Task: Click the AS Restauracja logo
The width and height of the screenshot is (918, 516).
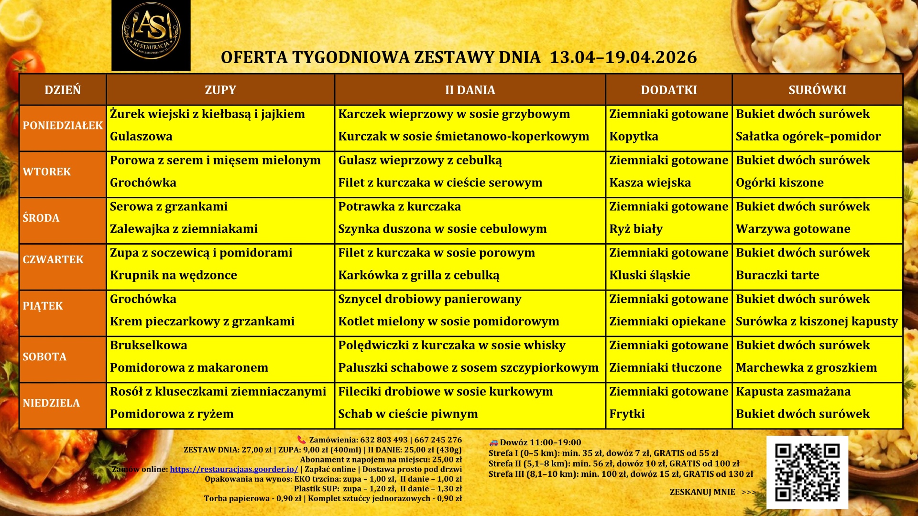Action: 151,35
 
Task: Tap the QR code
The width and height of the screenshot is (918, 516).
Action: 807,472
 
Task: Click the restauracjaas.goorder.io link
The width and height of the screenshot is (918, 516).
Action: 234,469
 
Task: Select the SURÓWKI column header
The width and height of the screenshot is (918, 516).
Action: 817,90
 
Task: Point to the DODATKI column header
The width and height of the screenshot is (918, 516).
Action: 668,90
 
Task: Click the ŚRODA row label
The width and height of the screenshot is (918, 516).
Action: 41,218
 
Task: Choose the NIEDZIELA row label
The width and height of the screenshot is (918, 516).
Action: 51,403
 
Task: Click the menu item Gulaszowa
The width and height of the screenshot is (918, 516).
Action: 141,137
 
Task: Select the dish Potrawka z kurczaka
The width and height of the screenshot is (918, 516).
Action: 399,206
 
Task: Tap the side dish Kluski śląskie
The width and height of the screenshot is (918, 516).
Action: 649,275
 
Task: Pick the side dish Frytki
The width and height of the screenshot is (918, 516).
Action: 627,414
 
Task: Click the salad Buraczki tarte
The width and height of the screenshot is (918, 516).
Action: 777,275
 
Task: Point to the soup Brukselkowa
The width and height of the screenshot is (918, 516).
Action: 149,345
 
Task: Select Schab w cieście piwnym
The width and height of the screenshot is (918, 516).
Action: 408,414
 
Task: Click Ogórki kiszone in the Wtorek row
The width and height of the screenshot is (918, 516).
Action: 779,183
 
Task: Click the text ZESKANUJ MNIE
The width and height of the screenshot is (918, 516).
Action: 702,492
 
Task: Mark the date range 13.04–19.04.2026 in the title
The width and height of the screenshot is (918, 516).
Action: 623,57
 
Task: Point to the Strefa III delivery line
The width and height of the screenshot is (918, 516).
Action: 620,474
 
